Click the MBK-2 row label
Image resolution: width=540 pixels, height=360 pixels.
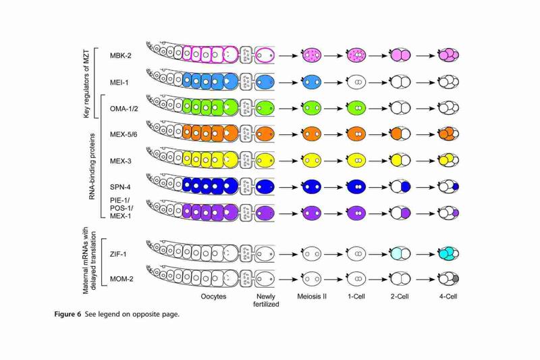(x=121, y=55)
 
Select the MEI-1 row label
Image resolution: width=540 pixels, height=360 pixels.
(x=119, y=82)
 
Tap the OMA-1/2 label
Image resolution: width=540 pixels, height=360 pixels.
(x=124, y=109)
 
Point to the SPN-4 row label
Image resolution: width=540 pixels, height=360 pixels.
(x=120, y=187)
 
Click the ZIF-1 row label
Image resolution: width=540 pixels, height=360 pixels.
(x=118, y=254)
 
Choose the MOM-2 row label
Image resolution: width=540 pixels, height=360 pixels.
(x=122, y=279)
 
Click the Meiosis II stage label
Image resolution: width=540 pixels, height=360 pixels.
(x=312, y=297)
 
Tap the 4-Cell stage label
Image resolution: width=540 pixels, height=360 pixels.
(x=448, y=297)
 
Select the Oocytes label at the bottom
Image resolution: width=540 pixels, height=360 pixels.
(x=213, y=297)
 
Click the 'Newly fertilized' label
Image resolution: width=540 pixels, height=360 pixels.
(x=266, y=300)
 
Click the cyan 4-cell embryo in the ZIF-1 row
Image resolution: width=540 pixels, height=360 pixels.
(x=449, y=254)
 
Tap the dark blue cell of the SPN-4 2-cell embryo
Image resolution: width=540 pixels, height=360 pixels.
(x=406, y=186)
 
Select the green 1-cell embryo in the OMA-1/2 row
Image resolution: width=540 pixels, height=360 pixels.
(x=356, y=108)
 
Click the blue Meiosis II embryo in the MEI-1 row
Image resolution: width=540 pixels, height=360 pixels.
(x=312, y=82)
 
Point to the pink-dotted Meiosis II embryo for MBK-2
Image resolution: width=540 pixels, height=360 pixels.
(x=312, y=55)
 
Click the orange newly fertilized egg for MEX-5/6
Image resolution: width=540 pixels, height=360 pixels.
(x=265, y=134)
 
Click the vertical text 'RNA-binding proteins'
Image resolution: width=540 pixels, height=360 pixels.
(x=92, y=166)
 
